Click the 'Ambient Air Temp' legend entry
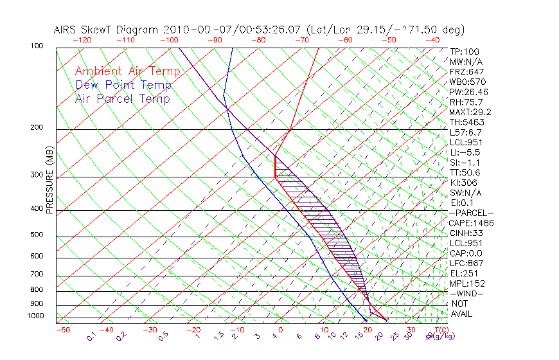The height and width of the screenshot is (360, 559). point(127,71)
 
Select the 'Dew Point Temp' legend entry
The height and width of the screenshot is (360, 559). point(123,85)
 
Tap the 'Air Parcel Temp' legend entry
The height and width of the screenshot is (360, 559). point(123,98)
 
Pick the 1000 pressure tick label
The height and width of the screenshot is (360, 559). point(36,316)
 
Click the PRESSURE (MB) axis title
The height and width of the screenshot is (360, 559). point(49,179)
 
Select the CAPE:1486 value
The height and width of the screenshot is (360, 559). point(470,223)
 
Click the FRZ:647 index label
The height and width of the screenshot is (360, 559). point(466,71)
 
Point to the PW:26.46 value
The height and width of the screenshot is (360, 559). point(468,92)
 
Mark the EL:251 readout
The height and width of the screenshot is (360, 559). point(464,273)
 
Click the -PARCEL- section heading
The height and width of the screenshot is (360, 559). point(471,213)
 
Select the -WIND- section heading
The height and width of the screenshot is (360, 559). point(466,293)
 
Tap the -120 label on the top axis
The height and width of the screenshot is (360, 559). point(82,40)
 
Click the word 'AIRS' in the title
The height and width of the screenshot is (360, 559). point(67,30)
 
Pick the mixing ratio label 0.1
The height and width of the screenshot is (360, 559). point(91,335)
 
